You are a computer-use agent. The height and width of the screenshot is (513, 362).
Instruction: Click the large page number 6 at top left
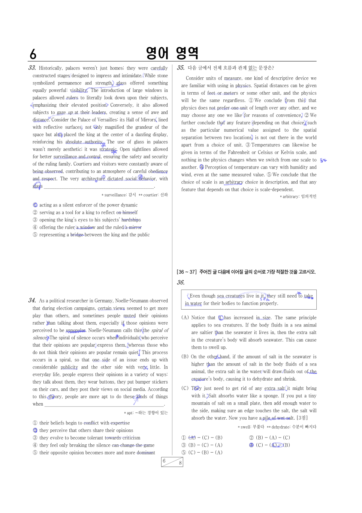33,54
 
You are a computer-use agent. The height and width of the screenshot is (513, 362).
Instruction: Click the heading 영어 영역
172,53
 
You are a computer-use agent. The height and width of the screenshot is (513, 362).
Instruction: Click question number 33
32,68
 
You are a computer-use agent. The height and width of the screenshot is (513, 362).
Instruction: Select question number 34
32,301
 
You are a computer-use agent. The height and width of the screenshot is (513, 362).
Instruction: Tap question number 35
181,68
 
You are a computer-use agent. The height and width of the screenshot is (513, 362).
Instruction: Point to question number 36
181,283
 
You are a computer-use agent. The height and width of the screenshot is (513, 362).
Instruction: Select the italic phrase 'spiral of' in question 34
160,330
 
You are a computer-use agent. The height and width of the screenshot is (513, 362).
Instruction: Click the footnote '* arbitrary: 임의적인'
298,197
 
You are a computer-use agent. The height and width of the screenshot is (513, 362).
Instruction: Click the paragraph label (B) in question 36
185,357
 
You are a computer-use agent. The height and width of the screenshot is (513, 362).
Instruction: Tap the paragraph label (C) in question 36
185,388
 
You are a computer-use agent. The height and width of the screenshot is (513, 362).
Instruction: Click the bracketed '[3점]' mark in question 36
302,418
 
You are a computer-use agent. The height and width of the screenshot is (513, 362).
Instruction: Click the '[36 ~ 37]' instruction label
187,272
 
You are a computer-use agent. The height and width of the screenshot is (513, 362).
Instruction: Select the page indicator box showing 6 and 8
172,462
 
